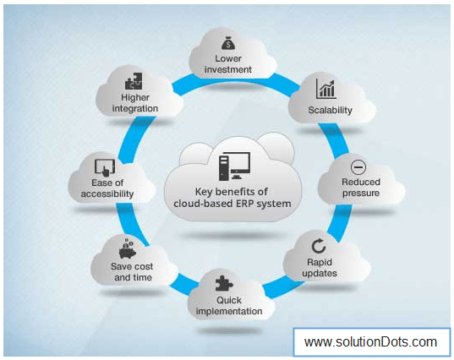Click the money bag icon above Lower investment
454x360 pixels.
click(x=228, y=43)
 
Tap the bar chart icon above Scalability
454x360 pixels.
click(x=325, y=89)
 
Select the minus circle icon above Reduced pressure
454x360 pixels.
click(x=358, y=167)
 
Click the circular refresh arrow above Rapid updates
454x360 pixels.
click(x=319, y=246)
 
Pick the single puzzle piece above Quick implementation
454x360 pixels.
click(x=224, y=283)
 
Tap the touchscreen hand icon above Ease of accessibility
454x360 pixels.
click(x=105, y=167)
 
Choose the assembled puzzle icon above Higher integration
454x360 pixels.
click(x=134, y=81)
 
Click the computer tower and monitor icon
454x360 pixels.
click(x=234, y=166)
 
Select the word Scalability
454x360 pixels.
click(x=330, y=110)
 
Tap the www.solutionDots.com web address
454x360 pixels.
click(x=370, y=342)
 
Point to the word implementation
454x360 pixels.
click(x=229, y=311)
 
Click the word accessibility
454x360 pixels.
click(x=107, y=194)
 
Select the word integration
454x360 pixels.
click(x=135, y=108)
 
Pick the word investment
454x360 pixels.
click(x=228, y=69)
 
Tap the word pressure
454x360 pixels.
click(x=361, y=194)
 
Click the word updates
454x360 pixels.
click(x=320, y=274)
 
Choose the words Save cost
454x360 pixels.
click(x=132, y=266)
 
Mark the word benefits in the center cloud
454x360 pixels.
click(x=236, y=192)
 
